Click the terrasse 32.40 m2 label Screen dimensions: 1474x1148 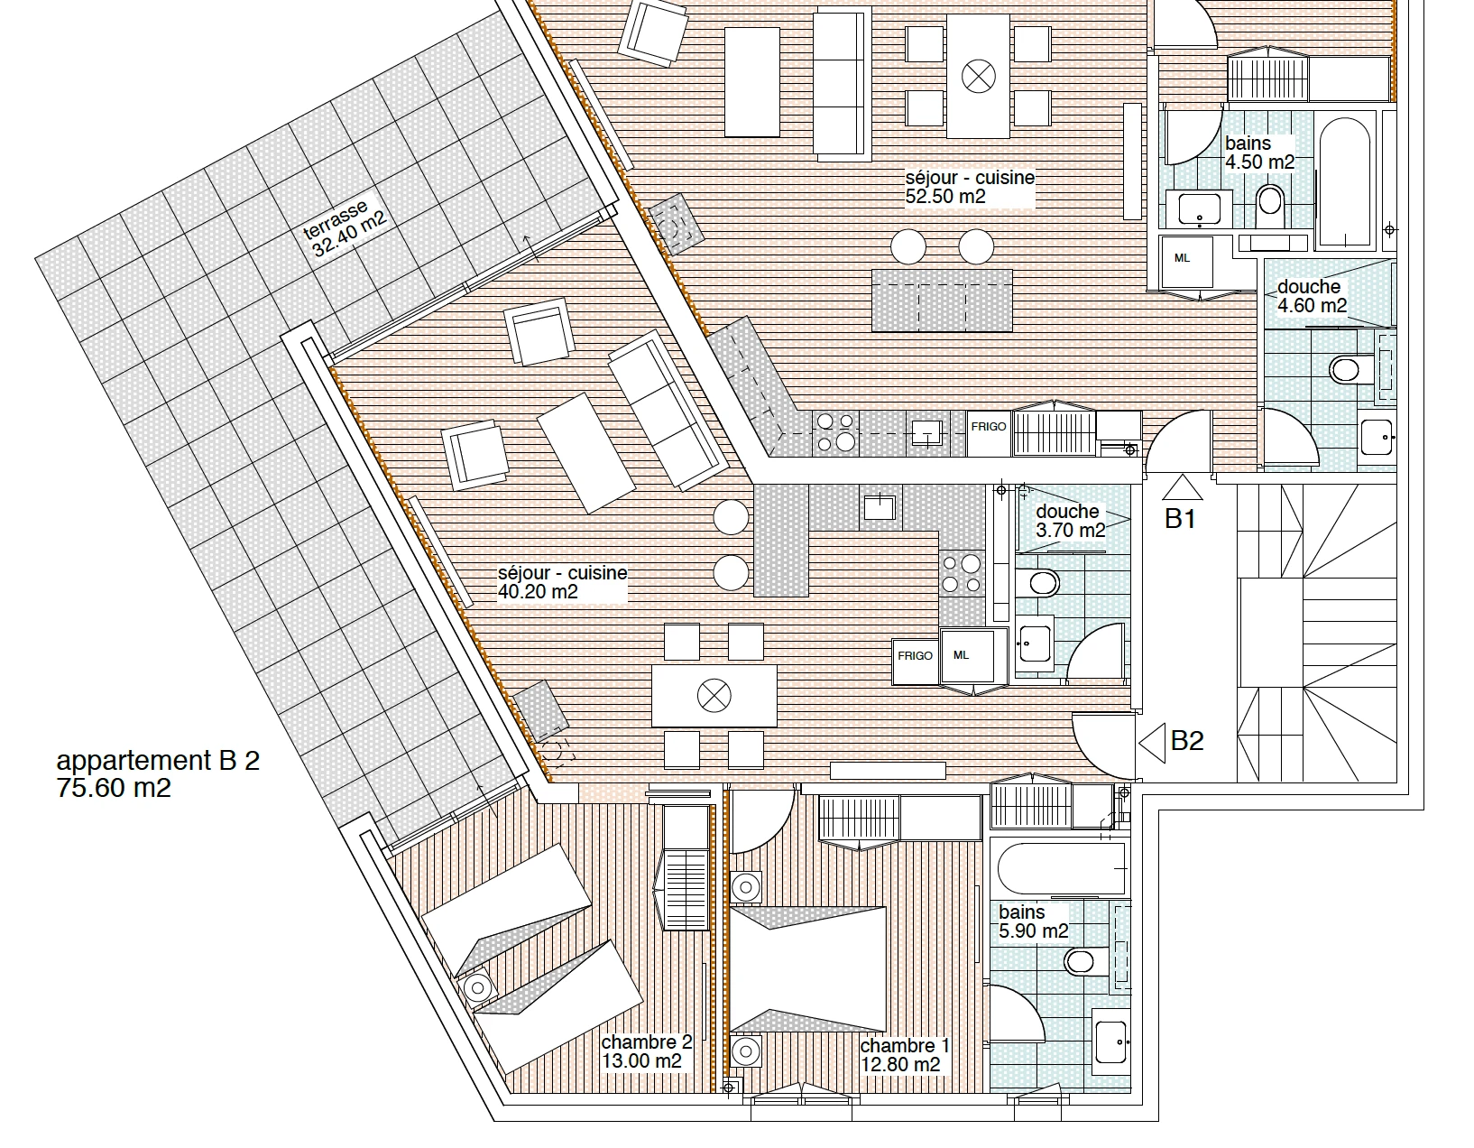pos(345,228)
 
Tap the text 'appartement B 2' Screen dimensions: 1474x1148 pos(158,760)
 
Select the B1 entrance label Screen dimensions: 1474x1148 pos(1180,518)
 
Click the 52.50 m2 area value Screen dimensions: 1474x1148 pos(944,197)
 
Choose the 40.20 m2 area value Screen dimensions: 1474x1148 pos(538,592)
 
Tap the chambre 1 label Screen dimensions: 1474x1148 pos(905,1045)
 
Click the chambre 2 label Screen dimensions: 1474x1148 pos(647,1042)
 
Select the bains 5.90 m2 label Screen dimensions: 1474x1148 pos(1033,921)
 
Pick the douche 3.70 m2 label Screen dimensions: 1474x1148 pos(1071,521)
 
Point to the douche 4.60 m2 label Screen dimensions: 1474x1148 pos(1312,296)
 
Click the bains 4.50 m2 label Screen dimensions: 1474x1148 pos(1259,153)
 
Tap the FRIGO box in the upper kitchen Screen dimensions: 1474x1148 pos(989,433)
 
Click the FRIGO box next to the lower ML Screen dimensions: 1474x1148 pos(915,662)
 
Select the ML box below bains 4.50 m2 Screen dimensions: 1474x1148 pos(1185,262)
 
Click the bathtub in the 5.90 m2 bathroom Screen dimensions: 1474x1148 pos(1061,868)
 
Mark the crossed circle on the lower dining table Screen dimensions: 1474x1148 pos(714,696)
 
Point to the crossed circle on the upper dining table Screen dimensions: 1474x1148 pos(979,76)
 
